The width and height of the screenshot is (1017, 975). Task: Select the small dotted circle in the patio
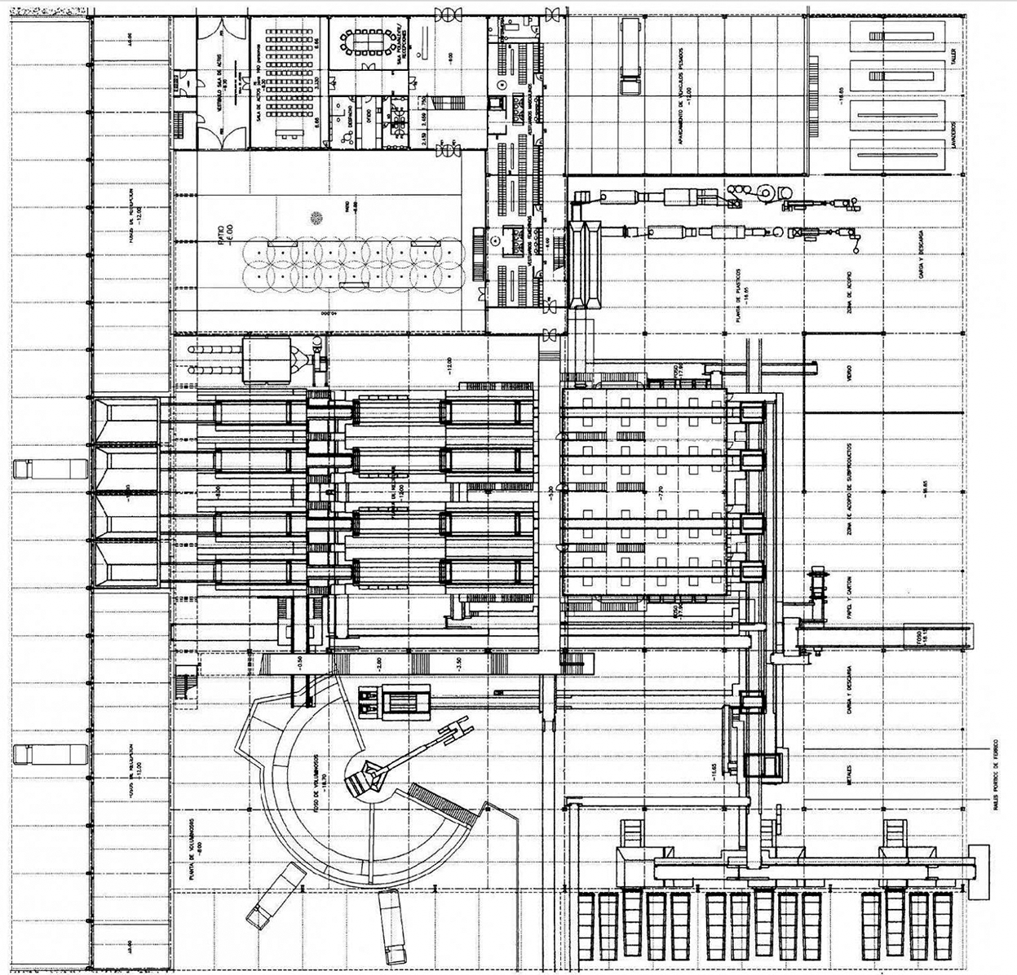316,217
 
